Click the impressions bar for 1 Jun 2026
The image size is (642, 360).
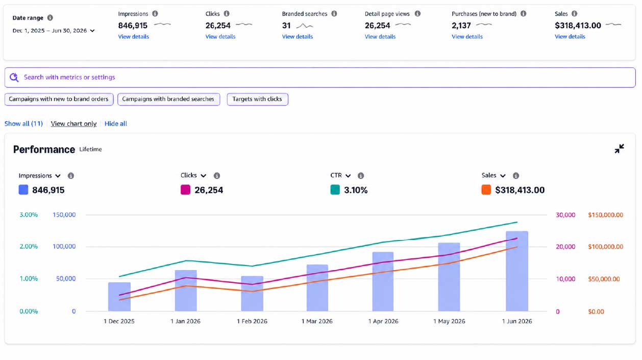(x=517, y=271)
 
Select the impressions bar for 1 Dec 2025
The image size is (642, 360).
(x=119, y=297)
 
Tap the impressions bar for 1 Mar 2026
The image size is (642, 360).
(x=317, y=287)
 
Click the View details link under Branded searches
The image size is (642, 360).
(x=297, y=37)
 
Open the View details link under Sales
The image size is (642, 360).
(x=570, y=37)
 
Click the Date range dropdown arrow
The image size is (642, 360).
(x=92, y=31)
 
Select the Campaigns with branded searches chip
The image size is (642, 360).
(x=168, y=99)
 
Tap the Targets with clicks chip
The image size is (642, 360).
(x=257, y=99)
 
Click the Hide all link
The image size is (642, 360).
(x=115, y=124)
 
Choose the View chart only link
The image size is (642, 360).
(x=73, y=124)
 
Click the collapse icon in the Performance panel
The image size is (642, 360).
(x=619, y=149)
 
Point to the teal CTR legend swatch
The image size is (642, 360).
(x=335, y=189)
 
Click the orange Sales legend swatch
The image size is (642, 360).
(x=486, y=189)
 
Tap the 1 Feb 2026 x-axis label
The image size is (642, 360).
(x=252, y=321)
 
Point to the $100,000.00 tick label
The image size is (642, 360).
(x=605, y=247)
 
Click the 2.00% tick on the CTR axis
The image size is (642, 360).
(x=29, y=247)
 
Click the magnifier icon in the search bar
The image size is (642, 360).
(x=14, y=78)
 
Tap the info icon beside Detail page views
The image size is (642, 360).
(x=417, y=13)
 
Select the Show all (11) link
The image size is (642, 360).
(x=23, y=124)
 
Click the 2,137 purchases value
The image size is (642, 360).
(x=461, y=26)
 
